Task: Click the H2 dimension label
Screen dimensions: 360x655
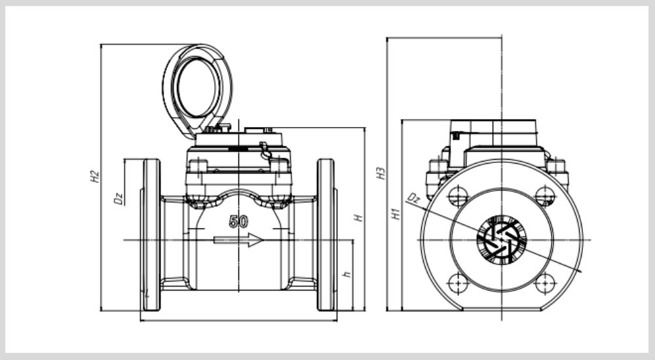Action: tap(94, 175)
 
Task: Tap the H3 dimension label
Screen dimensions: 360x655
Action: tap(380, 173)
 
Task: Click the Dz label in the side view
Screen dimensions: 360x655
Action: tap(119, 198)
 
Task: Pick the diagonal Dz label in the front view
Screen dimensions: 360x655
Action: tap(413, 198)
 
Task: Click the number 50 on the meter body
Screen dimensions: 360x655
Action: tap(238, 221)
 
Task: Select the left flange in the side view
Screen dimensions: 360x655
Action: tap(151, 234)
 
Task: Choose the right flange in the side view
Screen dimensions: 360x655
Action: tap(326, 234)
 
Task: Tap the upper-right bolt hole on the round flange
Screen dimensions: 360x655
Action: tap(544, 195)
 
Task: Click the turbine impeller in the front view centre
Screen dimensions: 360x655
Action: tap(501, 238)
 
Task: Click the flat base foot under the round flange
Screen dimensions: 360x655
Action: tap(502, 307)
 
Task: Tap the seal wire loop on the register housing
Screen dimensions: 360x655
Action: tap(265, 151)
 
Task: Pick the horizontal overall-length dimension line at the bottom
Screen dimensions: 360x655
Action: tap(238, 321)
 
